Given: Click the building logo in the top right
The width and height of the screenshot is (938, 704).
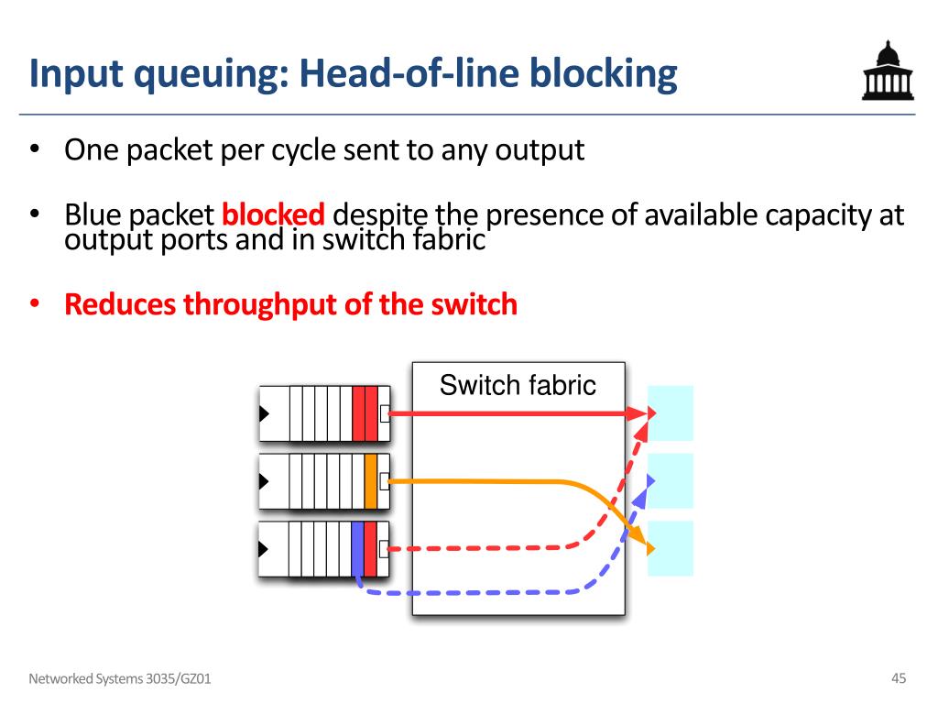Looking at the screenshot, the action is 888,70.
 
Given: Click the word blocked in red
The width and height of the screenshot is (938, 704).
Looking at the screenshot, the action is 273,214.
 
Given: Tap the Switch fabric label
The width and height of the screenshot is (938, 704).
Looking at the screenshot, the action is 518,385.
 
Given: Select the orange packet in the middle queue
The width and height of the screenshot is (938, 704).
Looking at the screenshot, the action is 371,481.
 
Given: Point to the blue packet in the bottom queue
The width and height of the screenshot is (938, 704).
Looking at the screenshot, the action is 358,549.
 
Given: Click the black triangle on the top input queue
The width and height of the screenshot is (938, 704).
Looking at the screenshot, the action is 264,413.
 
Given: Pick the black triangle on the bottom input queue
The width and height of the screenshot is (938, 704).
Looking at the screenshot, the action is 263,549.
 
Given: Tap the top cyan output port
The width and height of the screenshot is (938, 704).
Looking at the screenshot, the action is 671,413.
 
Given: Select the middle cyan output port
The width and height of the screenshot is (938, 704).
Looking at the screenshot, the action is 671,481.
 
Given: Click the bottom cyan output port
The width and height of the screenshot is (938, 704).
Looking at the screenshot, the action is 671,548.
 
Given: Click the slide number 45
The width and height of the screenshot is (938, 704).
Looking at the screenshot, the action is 899,678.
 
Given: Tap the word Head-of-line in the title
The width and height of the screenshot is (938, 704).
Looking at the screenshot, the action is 410,73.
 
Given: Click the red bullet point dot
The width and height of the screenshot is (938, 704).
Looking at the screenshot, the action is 35,303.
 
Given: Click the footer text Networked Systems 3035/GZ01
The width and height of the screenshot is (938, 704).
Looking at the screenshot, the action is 120,679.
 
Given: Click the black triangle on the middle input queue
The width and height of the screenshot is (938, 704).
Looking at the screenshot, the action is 264,481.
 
